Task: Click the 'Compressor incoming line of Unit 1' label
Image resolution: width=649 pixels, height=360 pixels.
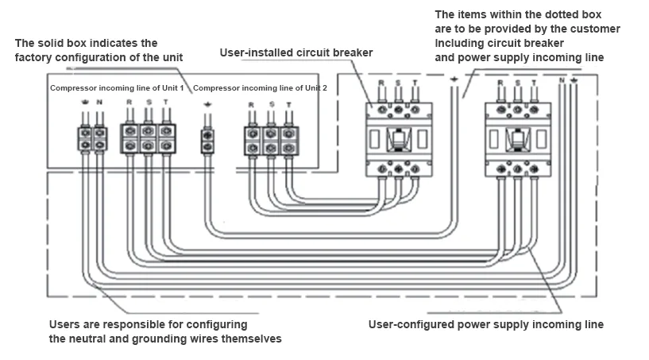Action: [x=117, y=87]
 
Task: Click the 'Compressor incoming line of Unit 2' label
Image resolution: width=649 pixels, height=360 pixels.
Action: [x=260, y=87]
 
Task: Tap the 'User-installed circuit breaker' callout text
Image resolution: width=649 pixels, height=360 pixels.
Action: [x=296, y=53]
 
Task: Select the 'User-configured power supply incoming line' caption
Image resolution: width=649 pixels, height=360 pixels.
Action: [x=485, y=324]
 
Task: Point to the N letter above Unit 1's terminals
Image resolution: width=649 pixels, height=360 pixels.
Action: [x=99, y=103]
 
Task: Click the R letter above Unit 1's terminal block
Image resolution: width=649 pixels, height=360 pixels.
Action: [x=129, y=103]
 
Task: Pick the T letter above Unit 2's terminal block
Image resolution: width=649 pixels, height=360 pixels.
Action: [x=288, y=105]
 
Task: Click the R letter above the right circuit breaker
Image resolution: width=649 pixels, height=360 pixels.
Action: [x=499, y=83]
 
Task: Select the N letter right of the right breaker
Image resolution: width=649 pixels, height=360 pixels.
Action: [x=561, y=82]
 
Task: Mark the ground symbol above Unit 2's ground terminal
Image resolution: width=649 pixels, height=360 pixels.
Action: [x=207, y=106]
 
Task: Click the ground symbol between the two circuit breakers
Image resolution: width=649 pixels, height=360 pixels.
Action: [x=454, y=79]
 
